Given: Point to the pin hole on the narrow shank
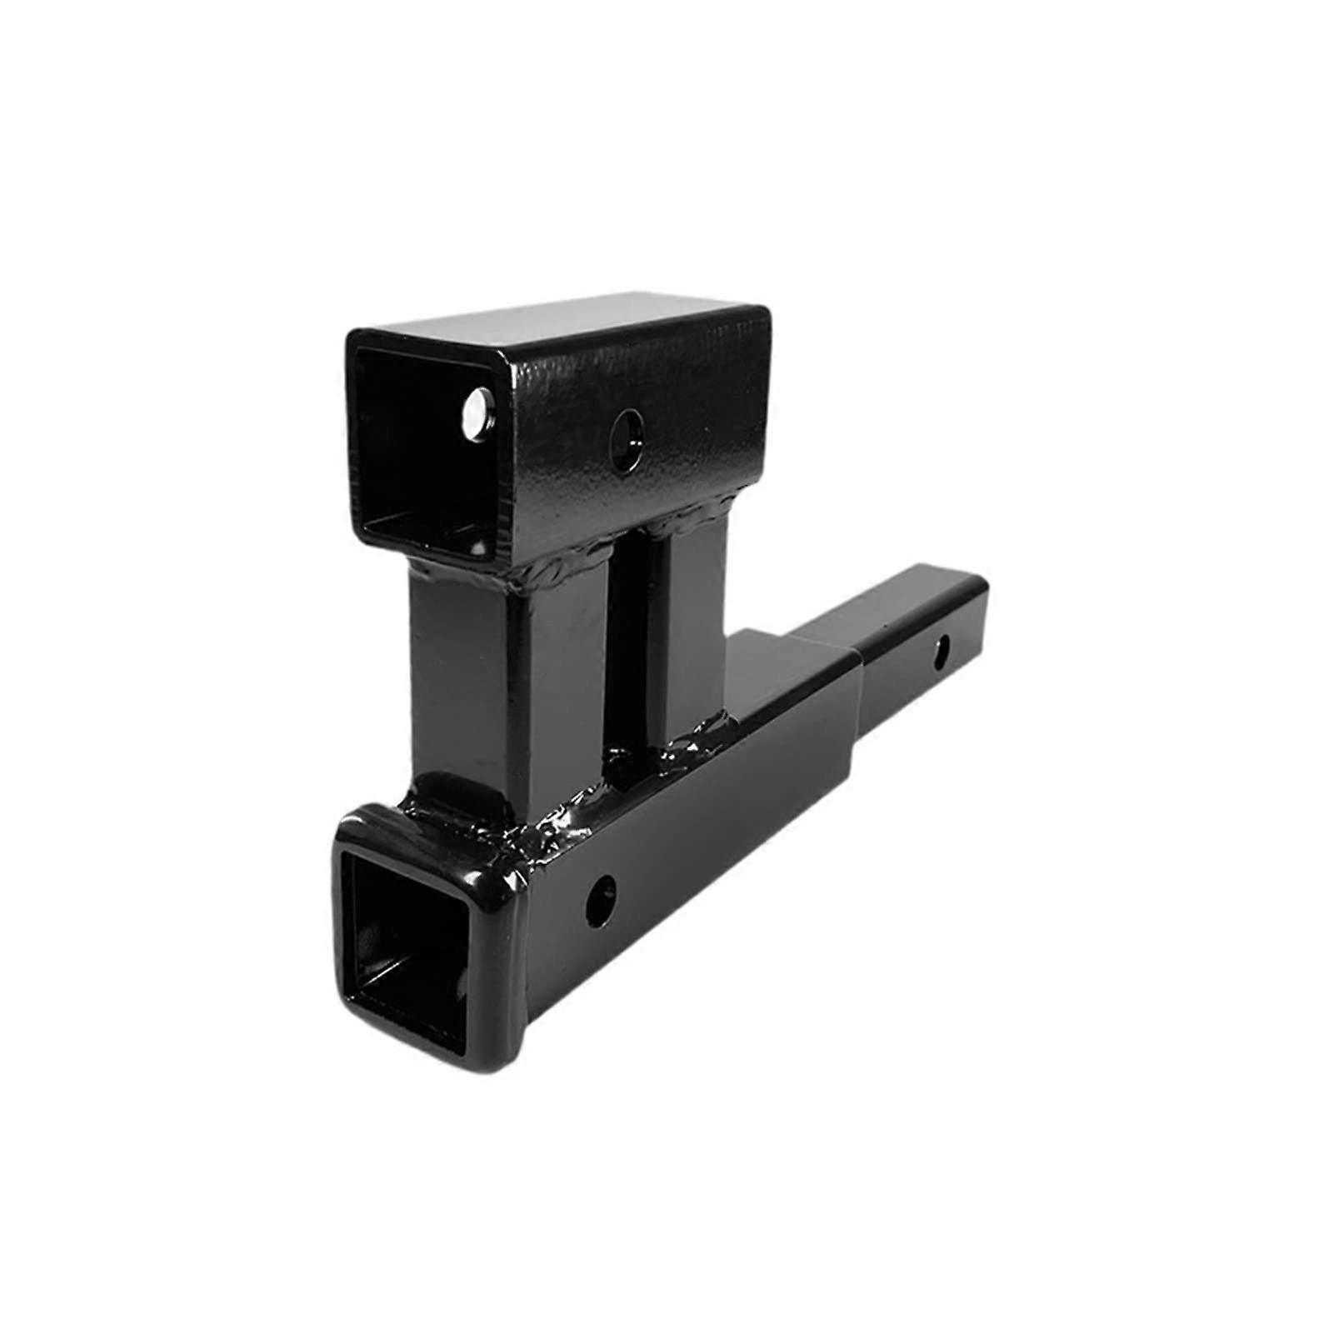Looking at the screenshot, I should [942, 652].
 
